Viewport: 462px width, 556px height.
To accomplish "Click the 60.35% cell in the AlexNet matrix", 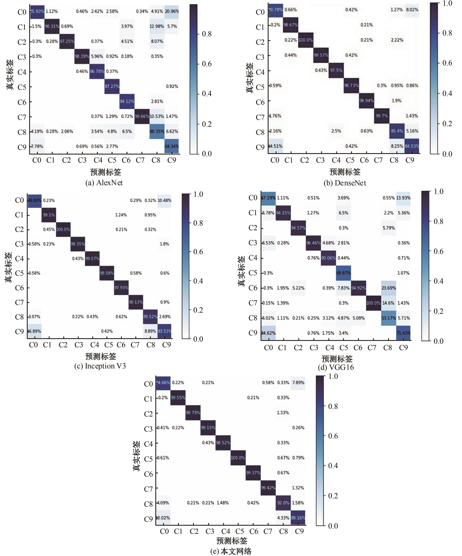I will pos(157,131).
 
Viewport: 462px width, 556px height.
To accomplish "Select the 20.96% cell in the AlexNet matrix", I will pos(172,11).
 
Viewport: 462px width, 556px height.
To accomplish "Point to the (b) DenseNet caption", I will pos(345,183).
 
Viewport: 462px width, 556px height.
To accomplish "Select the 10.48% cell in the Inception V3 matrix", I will pos(164,200).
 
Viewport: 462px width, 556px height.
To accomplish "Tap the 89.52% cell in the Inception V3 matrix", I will pos(150,317).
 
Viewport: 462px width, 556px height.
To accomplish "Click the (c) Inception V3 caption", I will pos(100,366).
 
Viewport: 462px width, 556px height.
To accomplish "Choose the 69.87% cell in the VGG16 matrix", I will pos(343,273).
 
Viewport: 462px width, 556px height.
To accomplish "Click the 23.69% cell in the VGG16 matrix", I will pos(389,288).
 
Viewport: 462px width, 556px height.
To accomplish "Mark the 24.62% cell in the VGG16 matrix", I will pos(268,333).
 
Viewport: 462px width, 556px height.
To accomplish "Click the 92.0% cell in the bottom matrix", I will pos(283,503).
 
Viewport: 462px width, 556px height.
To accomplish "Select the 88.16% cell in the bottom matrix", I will pos(298,518).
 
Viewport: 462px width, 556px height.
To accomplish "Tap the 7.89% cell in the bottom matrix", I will pos(298,383).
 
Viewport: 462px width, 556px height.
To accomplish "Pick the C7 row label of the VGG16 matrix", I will pos(253,303).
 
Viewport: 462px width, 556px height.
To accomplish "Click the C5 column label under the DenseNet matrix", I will pos(350,160).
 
